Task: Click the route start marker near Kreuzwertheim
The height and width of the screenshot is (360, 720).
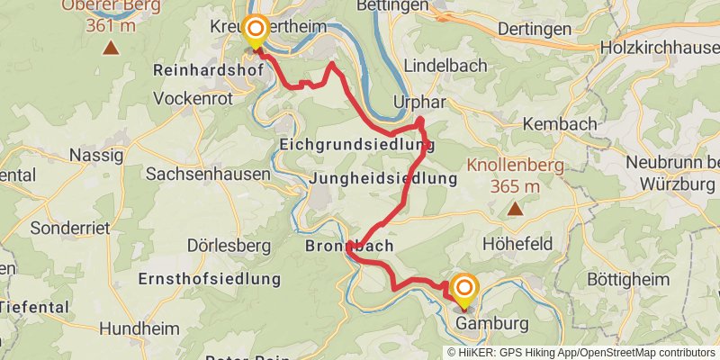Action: tap(256, 30)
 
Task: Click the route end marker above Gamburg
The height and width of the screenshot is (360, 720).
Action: tap(465, 288)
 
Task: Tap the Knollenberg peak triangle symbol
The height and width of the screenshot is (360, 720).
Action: tap(515, 210)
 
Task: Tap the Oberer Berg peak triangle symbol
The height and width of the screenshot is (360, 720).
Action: tap(111, 47)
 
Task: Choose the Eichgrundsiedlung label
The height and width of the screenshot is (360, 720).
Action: tap(356, 144)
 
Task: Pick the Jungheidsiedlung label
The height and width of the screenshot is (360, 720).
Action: tap(382, 179)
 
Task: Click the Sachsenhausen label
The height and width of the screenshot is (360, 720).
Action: tap(207, 174)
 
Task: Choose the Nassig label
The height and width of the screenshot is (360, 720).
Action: tap(95, 155)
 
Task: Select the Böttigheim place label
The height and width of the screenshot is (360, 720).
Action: tap(630, 279)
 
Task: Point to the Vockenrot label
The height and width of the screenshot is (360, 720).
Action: tap(193, 94)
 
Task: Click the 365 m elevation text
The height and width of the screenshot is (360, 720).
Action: tap(516, 186)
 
